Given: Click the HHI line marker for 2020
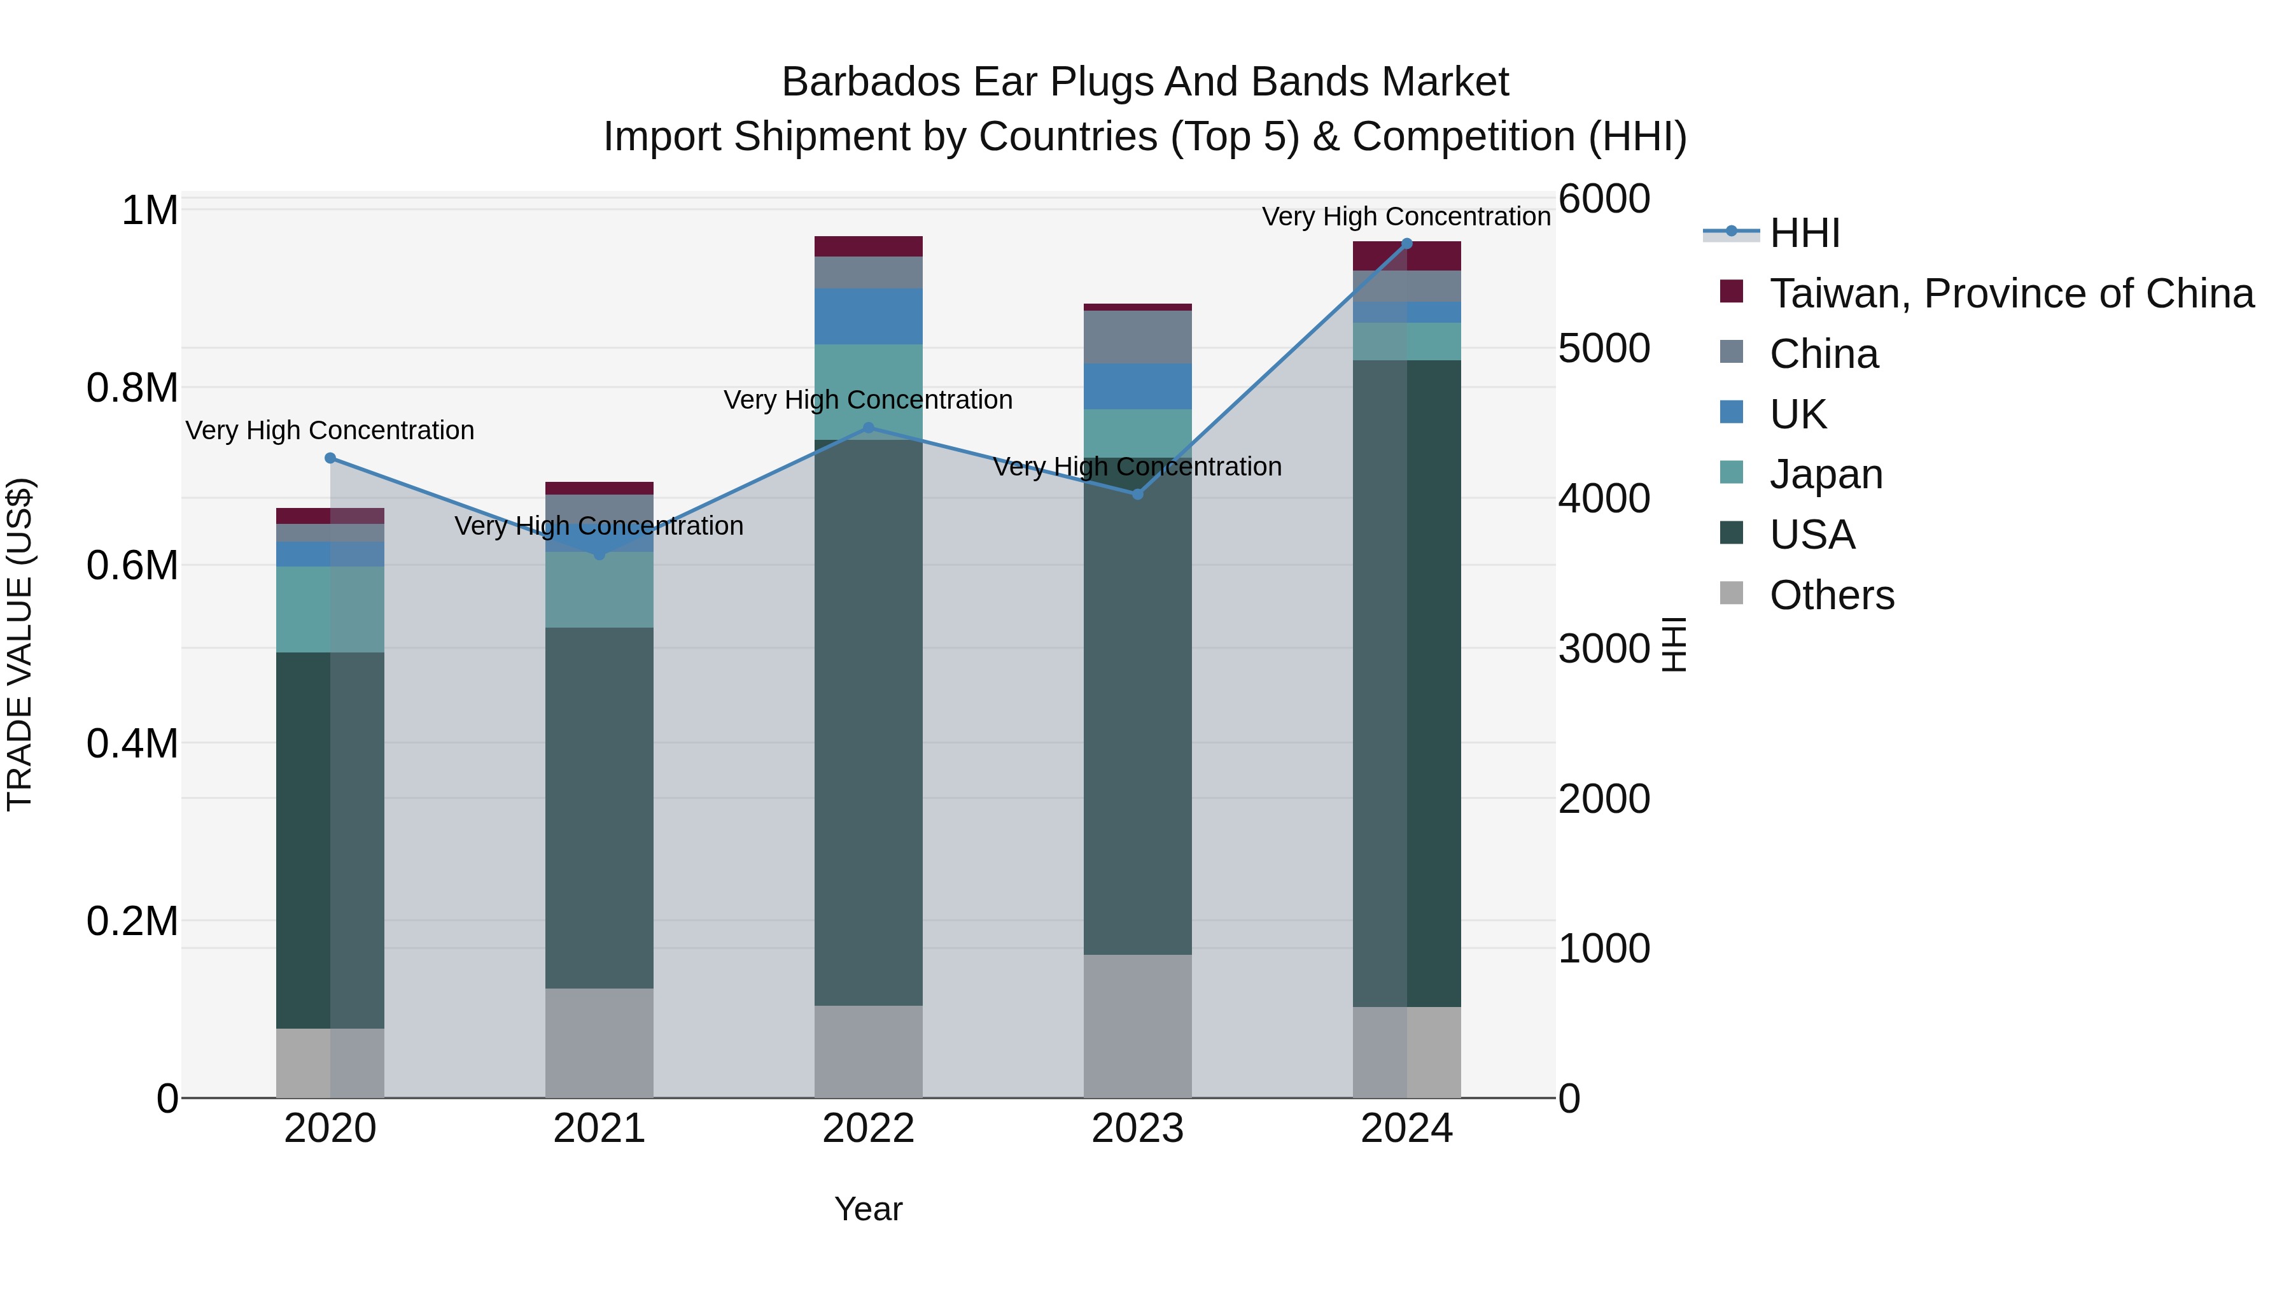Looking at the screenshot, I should (x=330, y=458).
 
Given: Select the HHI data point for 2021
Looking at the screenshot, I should (x=599, y=554).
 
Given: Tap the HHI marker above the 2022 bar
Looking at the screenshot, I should (x=869, y=428).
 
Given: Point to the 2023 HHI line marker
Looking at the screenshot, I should (x=1137, y=494).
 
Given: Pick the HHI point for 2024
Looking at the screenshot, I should (x=1407, y=244).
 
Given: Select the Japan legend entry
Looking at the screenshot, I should (x=1826, y=474).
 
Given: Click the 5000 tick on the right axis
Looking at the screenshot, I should (x=1604, y=349).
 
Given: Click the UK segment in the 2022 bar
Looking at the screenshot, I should (x=869, y=316).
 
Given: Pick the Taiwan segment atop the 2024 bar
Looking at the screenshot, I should (x=1407, y=255).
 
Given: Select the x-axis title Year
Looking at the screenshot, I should (x=868, y=1209).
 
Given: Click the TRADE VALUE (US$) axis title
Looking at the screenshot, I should (x=20, y=644).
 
